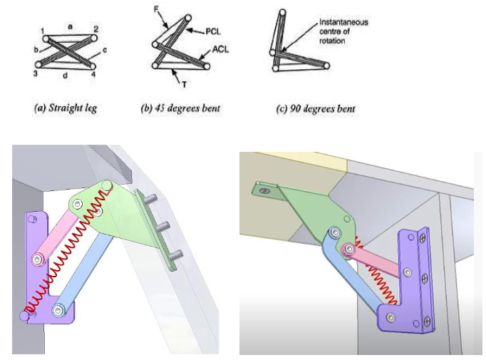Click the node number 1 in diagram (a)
tap(43, 30)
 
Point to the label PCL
tap(213, 31)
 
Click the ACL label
tap(221, 51)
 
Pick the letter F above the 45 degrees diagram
tap(157, 9)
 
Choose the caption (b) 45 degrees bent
tap(180, 109)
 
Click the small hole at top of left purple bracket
tap(31, 220)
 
